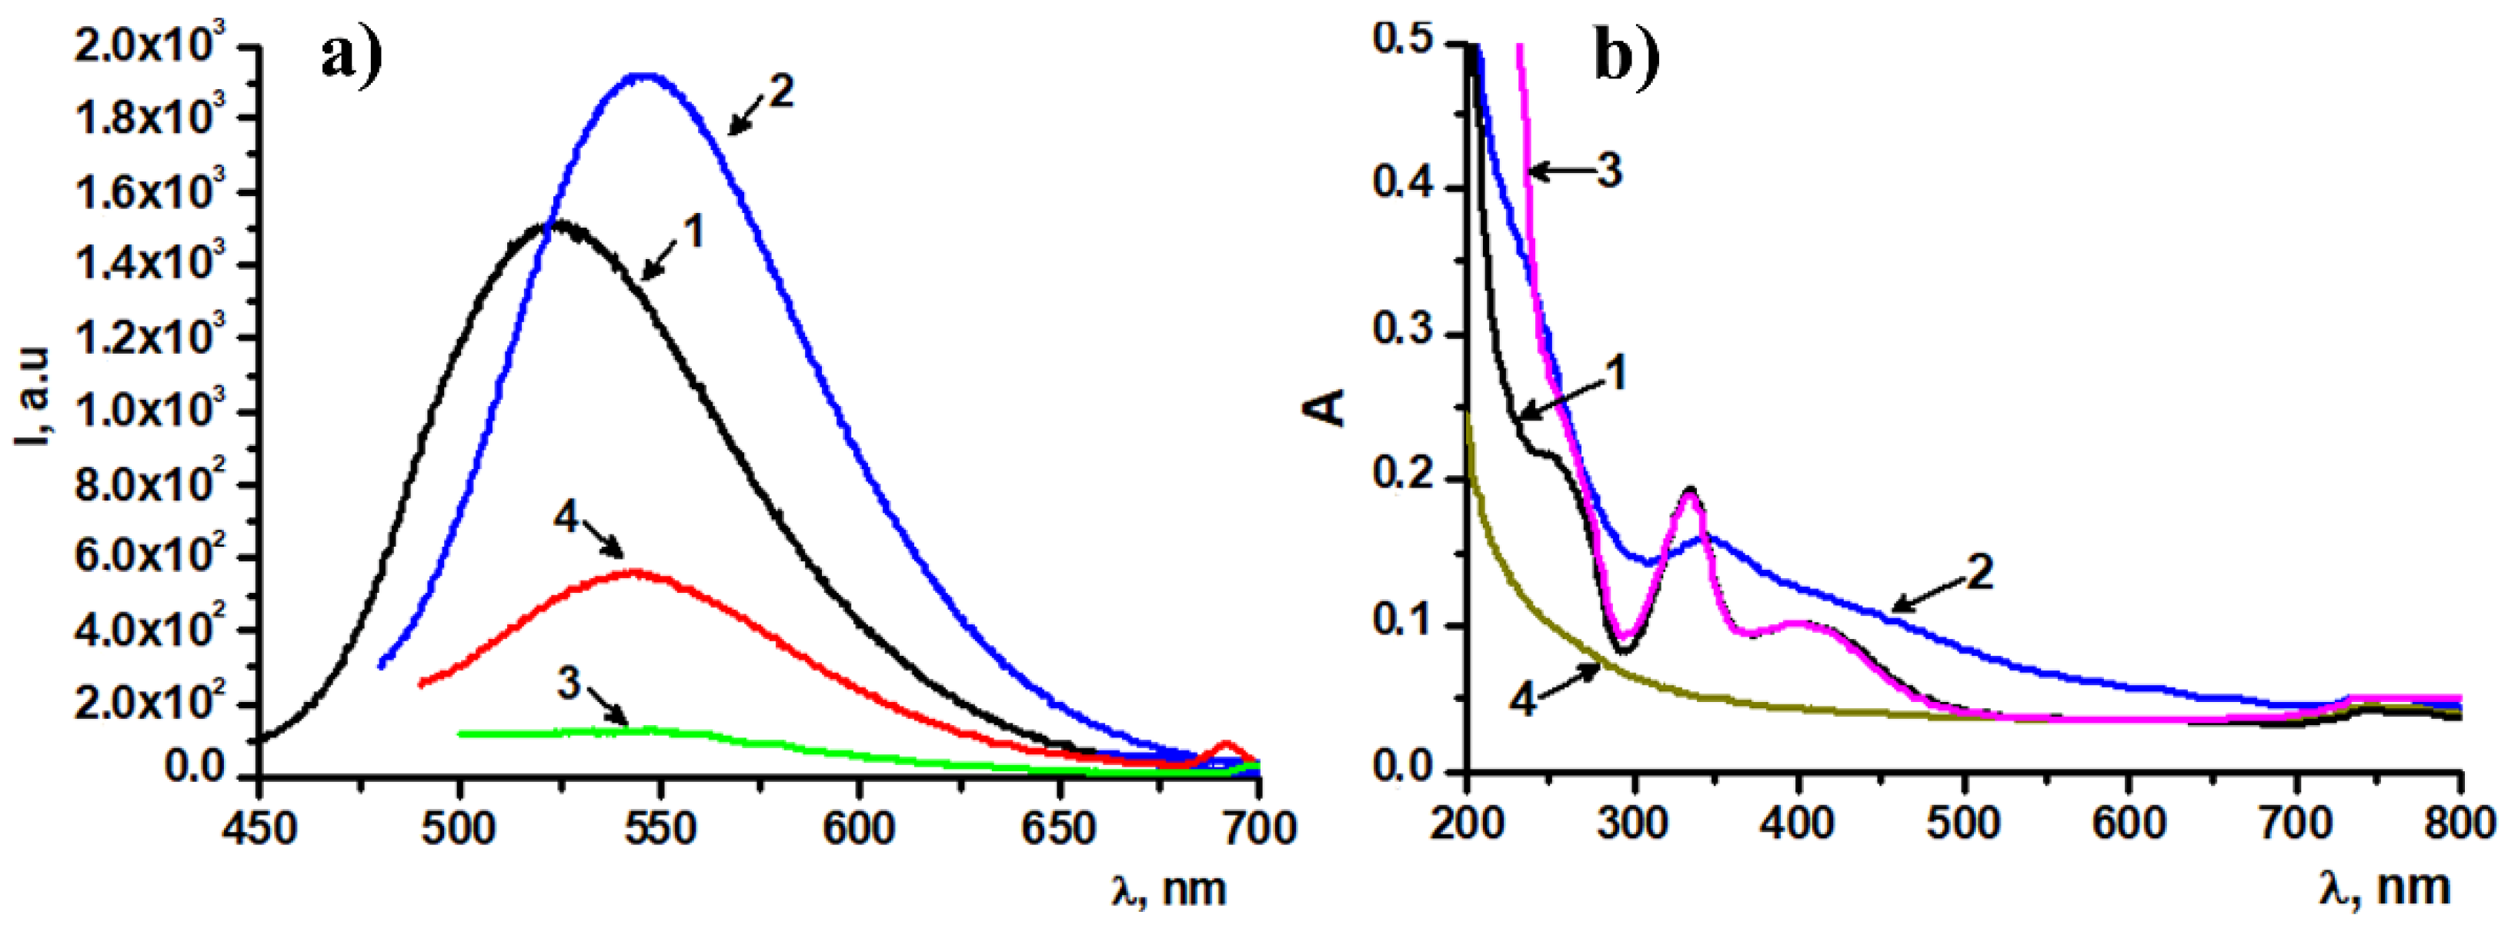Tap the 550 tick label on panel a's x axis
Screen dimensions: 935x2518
pyautogui.click(x=660, y=829)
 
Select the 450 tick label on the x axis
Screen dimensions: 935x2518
pyautogui.click(x=258, y=829)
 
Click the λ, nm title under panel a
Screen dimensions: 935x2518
pyautogui.click(x=1169, y=888)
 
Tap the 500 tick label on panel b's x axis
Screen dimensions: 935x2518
pyautogui.click(x=1963, y=823)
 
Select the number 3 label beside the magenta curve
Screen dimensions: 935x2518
pyautogui.click(x=1609, y=171)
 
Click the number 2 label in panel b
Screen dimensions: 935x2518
pyautogui.click(x=1979, y=571)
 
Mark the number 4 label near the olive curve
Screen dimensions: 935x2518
pyautogui.click(x=1523, y=700)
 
